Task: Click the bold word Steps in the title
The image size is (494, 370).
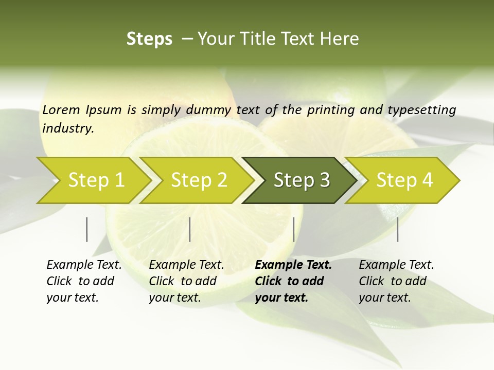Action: pyautogui.click(x=149, y=39)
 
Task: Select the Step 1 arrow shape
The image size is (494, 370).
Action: pyautogui.click(x=96, y=180)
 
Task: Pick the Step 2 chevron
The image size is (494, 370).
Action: pyautogui.click(x=199, y=180)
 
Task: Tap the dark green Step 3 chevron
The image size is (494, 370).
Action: pyautogui.click(x=301, y=180)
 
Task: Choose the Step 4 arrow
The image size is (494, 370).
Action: pyautogui.click(x=404, y=180)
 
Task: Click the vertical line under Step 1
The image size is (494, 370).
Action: pyautogui.click(x=87, y=229)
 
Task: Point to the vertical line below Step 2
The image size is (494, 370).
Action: pyautogui.click(x=190, y=229)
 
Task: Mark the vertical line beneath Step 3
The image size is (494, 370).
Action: pyautogui.click(x=294, y=229)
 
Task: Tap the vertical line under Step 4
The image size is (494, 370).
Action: pyautogui.click(x=398, y=229)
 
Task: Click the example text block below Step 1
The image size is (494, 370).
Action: pyautogui.click(x=84, y=281)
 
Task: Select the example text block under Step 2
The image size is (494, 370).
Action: pyautogui.click(x=186, y=281)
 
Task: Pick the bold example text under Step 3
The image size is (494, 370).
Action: pyautogui.click(x=293, y=281)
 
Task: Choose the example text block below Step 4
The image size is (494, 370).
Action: pyautogui.click(x=396, y=281)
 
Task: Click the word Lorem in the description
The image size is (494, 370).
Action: pyautogui.click(x=61, y=109)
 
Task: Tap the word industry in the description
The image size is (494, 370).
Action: pyautogui.click(x=67, y=128)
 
